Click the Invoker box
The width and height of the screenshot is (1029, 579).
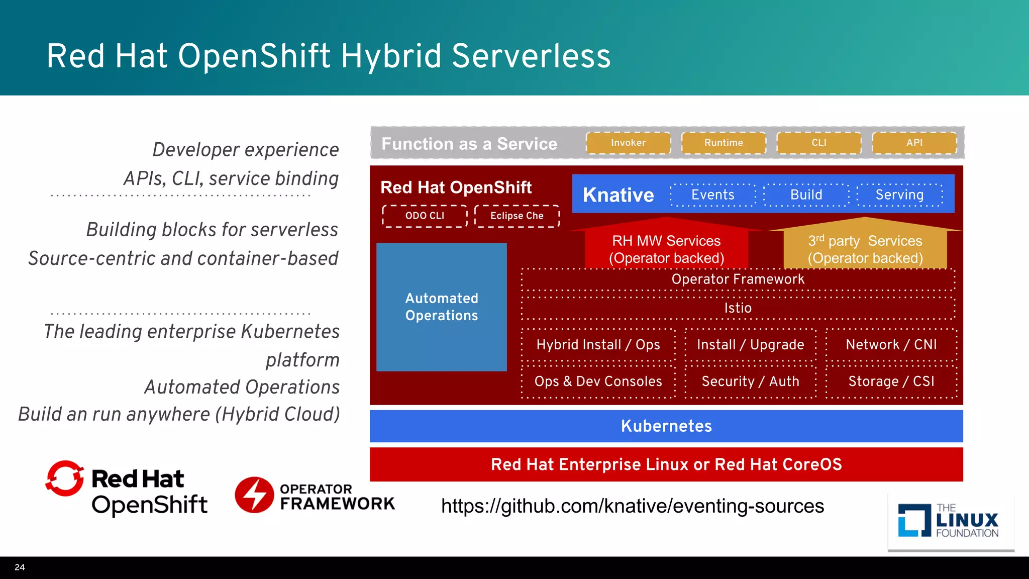tap(628, 143)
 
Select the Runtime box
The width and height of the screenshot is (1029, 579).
tap(724, 143)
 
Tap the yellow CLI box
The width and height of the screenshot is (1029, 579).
tap(818, 143)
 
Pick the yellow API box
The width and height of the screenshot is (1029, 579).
tap(914, 143)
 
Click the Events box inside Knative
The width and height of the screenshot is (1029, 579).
tap(712, 195)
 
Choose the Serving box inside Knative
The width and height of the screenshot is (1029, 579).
tap(899, 195)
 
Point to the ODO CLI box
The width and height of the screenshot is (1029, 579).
tap(425, 216)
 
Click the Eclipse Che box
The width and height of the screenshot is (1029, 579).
tap(517, 216)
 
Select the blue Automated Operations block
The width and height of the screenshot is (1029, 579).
tap(441, 307)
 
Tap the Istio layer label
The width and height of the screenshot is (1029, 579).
tap(738, 308)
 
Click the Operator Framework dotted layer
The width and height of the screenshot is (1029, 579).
tap(738, 279)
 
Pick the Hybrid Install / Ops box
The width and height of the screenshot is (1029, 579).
tap(598, 345)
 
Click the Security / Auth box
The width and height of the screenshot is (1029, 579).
tap(750, 381)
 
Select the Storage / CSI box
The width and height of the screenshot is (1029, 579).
tap(891, 381)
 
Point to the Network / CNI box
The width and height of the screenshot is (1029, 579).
tap(891, 345)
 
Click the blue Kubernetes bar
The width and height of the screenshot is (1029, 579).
tap(666, 426)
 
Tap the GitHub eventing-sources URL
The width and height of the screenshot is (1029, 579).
tap(632, 506)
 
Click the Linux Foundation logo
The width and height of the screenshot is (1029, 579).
tap(950, 521)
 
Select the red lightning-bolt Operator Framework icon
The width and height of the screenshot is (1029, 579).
tap(254, 495)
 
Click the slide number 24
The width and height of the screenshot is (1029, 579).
tap(20, 567)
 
